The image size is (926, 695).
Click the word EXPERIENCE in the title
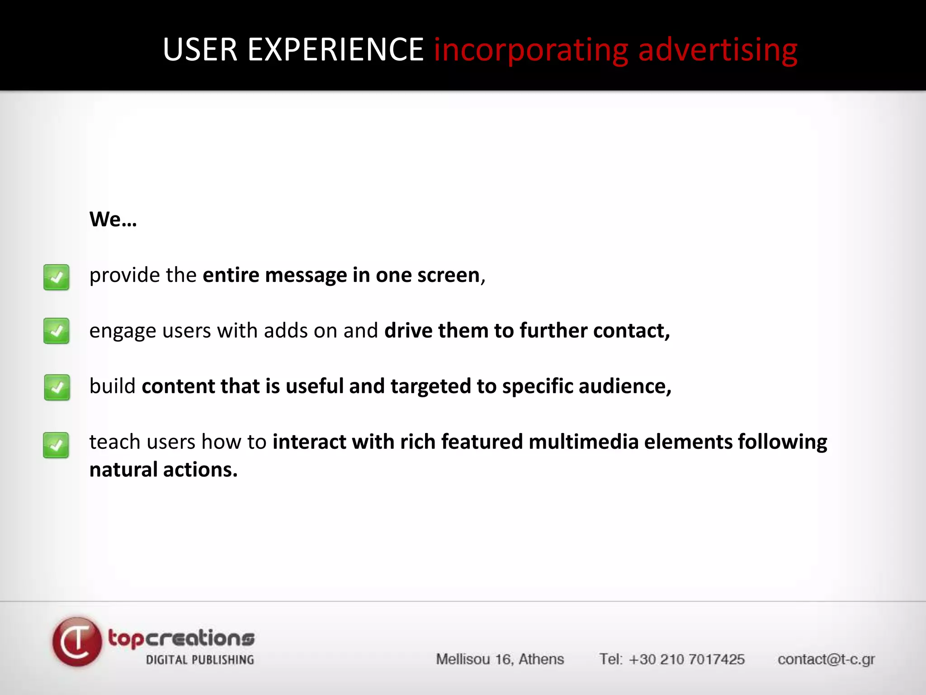335,49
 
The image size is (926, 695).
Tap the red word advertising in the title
718,50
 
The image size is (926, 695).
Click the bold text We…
113,219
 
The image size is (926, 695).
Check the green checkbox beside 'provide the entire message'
57,277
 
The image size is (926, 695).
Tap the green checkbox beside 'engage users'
57,331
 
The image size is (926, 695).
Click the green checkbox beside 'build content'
57,387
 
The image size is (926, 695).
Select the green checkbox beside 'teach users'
56,445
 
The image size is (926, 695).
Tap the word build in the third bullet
112,386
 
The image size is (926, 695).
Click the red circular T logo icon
77,642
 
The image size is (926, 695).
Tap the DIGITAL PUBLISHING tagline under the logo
200,660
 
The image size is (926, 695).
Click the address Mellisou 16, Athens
500,659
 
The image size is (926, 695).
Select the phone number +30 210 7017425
686,659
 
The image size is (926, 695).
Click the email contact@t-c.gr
826,660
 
